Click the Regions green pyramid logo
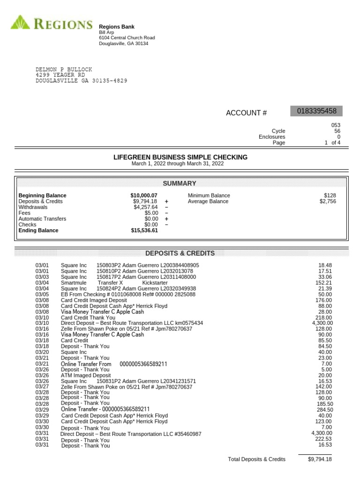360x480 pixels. click(x=20, y=23)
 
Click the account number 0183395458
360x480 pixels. click(x=316, y=111)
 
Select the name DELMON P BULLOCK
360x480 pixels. click(x=64, y=69)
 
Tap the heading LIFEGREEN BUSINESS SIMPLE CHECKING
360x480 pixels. click(x=180, y=157)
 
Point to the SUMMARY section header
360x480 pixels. click(x=180, y=183)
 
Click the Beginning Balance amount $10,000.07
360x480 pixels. click(x=144, y=195)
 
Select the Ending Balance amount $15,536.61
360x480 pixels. click(x=144, y=231)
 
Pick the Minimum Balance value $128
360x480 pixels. click(x=330, y=195)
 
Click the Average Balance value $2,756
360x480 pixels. click(x=328, y=202)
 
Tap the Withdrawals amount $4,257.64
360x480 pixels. click(x=145, y=207)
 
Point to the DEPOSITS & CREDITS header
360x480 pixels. click(x=180, y=253)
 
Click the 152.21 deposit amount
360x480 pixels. click(x=323, y=283)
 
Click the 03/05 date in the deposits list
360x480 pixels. click(x=42, y=294)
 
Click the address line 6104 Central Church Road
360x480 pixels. click(x=127, y=37)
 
